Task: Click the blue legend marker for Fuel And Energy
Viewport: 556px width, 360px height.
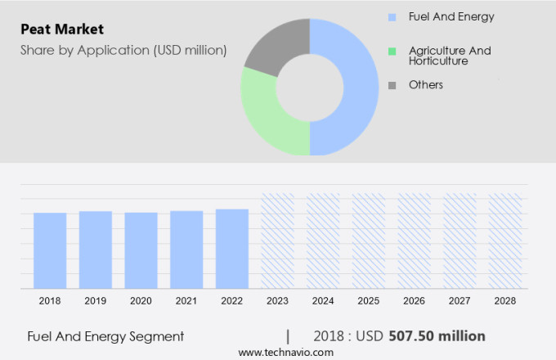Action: click(x=392, y=16)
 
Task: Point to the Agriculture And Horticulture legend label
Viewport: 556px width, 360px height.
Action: click(x=450, y=56)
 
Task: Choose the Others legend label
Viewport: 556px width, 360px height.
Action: click(x=426, y=85)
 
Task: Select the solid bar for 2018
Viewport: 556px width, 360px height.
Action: click(x=50, y=250)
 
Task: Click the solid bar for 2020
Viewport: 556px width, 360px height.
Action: click(x=141, y=250)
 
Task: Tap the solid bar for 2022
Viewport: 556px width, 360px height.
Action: click(x=232, y=249)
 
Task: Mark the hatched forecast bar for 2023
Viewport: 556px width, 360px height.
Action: click(x=277, y=241)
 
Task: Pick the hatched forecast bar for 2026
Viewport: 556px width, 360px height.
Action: click(x=414, y=241)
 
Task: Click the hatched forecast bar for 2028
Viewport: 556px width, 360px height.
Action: click(x=505, y=241)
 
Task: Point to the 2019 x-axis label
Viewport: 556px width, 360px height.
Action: click(x=95, y=301)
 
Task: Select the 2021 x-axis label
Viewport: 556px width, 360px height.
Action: click(x=186, y=301)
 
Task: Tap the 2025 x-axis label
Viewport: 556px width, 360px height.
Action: click(x=368, y=301)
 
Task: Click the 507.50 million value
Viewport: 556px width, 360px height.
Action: click(x=437, y=336)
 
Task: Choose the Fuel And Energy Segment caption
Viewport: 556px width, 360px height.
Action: click(x=105, y=336)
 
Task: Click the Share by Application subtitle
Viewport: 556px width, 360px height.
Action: click(x=123, y=51)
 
